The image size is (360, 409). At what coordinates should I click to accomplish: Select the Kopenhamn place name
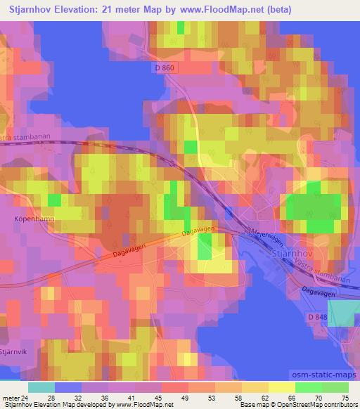[x=33, y=219]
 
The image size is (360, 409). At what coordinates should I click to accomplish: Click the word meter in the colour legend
[x=11, y=397]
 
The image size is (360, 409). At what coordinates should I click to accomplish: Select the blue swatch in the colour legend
[x=67, y=387]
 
